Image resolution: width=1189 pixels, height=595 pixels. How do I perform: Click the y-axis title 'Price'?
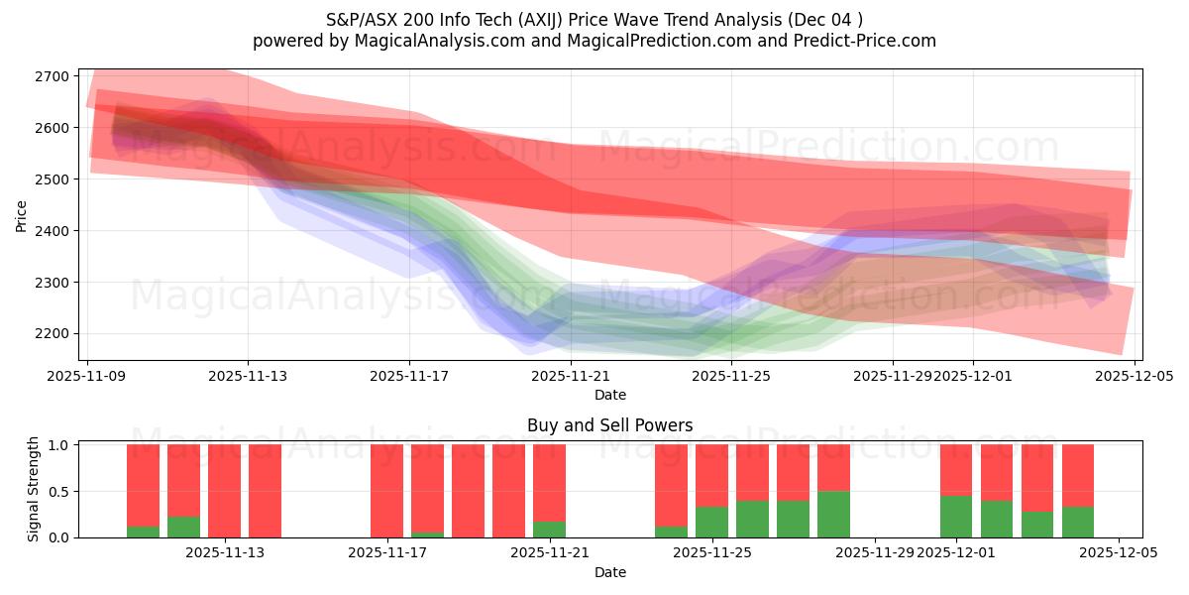[x=21, y=214]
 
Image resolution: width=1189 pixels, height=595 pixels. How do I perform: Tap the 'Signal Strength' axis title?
[x=34, y=491]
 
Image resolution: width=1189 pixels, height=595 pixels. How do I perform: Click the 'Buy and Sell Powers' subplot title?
[x=609, y=425]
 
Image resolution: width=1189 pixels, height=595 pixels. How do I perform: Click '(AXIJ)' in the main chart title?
[x=527, y=19]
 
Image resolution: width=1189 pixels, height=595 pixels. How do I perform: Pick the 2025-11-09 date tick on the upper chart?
[x=88, y=376]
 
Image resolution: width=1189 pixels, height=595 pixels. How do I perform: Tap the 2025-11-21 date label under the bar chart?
[x=550, y=552]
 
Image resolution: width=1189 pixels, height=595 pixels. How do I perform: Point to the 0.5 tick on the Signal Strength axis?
[x=58, y=491]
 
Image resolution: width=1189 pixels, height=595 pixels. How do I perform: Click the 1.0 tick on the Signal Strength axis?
[x=58, y=445]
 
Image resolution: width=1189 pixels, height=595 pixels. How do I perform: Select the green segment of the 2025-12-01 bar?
[x=956, y=517]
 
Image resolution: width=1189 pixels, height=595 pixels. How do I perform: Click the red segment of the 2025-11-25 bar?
[x=711, y=475]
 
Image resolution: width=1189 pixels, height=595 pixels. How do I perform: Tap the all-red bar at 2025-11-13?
[x=224, y=491]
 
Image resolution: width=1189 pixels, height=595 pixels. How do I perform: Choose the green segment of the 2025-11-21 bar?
[x=550, y=530]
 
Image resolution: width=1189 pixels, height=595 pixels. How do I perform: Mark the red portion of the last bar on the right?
[x=1078, y=475]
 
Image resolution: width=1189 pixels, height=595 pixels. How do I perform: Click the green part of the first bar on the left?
[x=143, y=532]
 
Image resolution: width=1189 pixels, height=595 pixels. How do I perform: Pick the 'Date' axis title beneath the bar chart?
[x=609, y=572]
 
